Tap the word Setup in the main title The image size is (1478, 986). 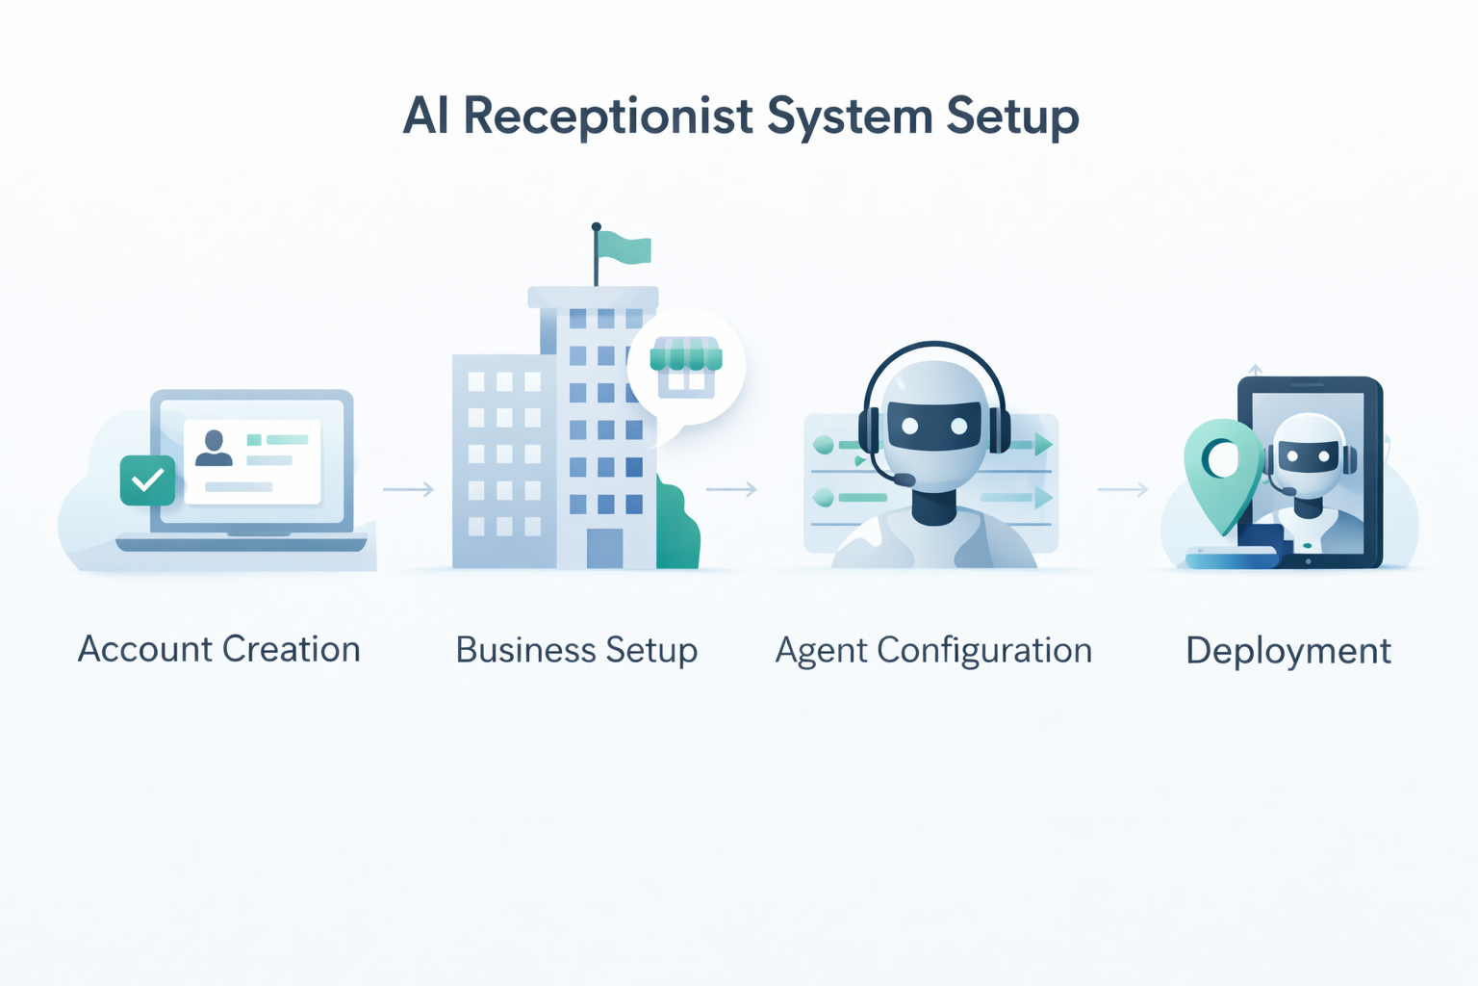[x=1012, y=117]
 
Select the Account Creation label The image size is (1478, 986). [x=219, y=649]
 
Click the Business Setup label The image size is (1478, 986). [x=576, y=650]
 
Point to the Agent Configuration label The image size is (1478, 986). [x=933, y=650]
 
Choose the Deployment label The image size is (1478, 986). [x=1287, y=651]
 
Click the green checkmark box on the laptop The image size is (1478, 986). [x=147, y=480]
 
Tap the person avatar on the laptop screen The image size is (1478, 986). [x=214, y=448]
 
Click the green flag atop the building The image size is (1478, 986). [x=624, y=247]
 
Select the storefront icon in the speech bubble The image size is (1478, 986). [x=686, y=366]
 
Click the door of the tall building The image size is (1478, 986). [x=604, y=547]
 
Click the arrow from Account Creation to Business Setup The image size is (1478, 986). [x=409, y=489]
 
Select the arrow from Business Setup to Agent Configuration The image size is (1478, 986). [x=732, y=489]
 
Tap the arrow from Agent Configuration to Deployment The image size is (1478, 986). [x=1123, y=489]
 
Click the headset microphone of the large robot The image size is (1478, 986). [x=904, y=480]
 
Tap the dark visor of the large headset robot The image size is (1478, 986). [x=933, y=426]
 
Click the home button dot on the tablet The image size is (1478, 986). [x=1308, y=560]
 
